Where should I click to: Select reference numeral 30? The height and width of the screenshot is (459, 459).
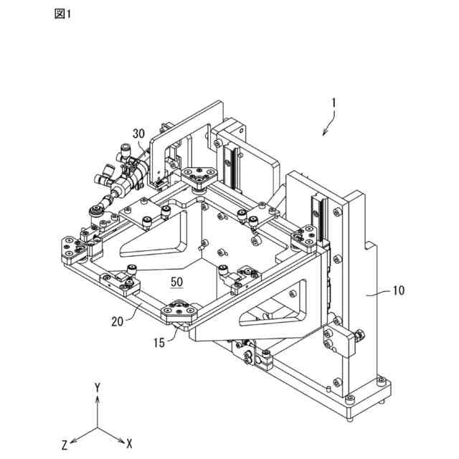[138, 133]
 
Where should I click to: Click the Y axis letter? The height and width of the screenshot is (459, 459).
[96, 387]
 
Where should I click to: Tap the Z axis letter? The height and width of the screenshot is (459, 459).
[64, 444]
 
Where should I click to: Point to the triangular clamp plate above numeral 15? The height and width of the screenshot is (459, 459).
[179, 311]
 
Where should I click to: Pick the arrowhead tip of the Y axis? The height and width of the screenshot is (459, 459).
[96, 397]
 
